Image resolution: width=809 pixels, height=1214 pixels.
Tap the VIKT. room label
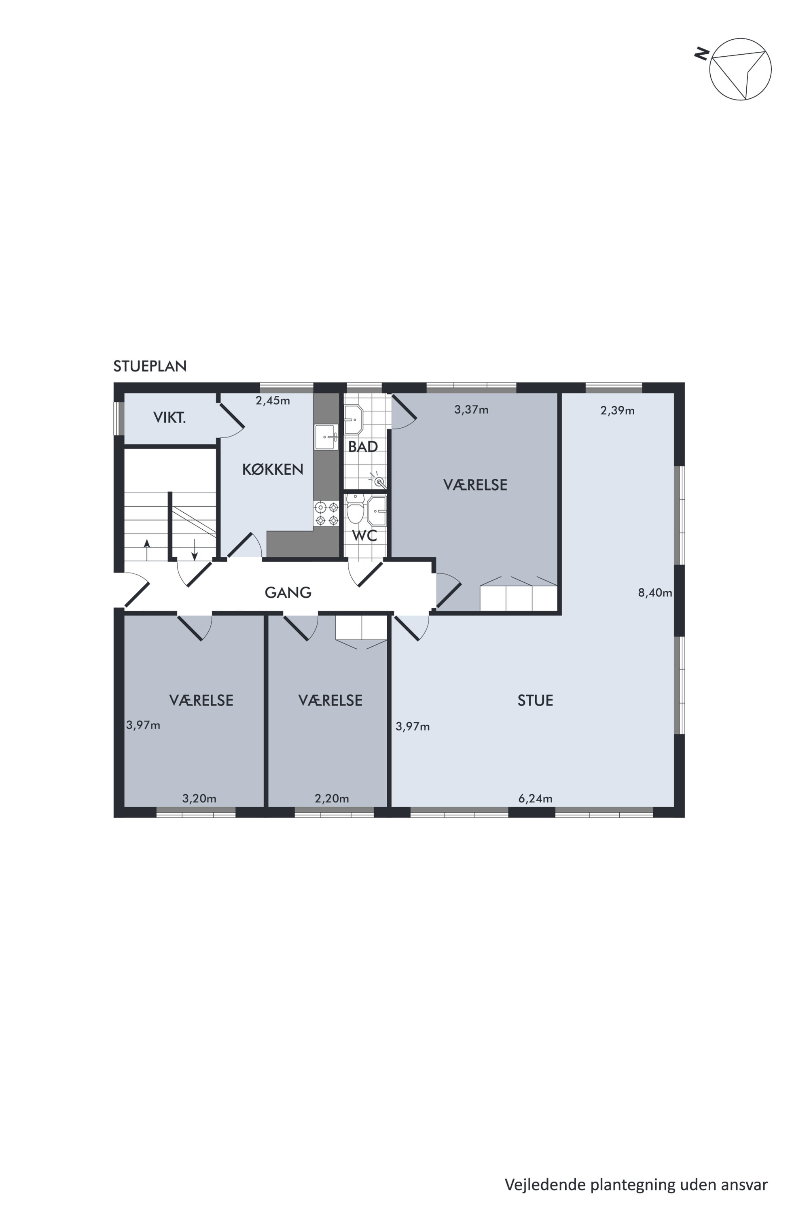point(169,418)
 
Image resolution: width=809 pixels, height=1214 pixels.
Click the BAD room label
point(363,446)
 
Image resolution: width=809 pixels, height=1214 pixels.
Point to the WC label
point(364,535)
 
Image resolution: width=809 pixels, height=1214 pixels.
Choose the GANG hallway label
point(288,592)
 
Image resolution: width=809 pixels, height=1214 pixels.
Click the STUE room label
point(535,700)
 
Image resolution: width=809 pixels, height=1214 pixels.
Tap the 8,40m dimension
point(655,592)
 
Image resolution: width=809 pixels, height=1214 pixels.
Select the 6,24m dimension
point(535,798)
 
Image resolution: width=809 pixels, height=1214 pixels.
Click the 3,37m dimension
point(471,410)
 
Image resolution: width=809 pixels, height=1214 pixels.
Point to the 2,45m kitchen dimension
point(272,401)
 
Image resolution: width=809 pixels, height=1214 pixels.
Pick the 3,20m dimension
point(199,798)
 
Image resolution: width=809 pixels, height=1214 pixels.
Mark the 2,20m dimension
point(332,798)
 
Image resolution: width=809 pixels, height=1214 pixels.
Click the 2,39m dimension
point(618,411)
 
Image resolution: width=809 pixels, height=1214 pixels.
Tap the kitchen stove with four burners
point(326,514)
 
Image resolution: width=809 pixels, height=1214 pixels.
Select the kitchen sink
point(326,437)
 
